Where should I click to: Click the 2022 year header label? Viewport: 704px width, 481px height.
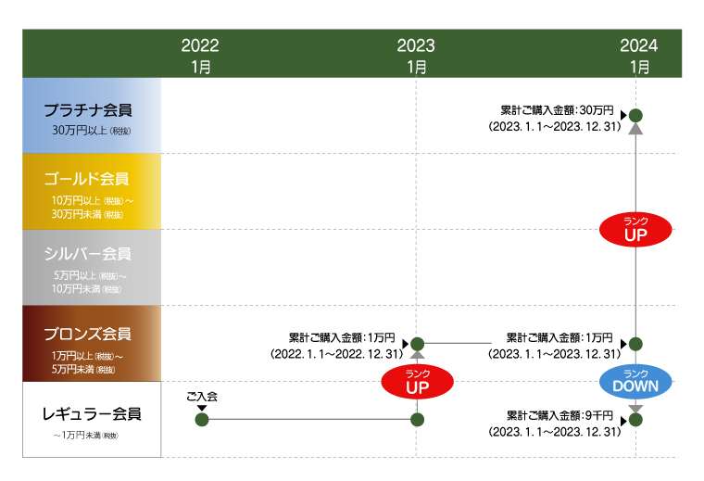[x=200, y=45]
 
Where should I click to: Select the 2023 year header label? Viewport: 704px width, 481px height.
[x=416, y=45]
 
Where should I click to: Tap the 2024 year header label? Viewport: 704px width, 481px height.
[x=639, y=45]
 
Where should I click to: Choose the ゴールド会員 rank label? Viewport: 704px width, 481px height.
[x=87, y=179]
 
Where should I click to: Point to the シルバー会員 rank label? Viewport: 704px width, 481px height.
[x=88, y=253]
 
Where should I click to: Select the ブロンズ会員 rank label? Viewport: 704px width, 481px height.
[x=88, y=334]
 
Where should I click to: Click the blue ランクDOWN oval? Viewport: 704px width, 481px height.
[x=635, y=381]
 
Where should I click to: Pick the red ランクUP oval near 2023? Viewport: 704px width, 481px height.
[x=417, y=381]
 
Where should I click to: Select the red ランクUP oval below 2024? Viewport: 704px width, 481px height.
[x=635, y=228]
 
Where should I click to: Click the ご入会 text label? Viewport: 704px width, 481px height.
[x=201, y=396]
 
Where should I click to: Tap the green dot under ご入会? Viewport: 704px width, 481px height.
[x=202, y=420]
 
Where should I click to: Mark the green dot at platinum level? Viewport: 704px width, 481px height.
[x=635, y=115]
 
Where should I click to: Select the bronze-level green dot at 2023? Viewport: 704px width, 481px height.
[x=417, y=344]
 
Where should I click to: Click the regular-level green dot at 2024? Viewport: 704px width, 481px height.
[x=635, y=420]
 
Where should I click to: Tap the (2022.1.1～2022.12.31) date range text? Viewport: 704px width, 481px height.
[x=337, y=353]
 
